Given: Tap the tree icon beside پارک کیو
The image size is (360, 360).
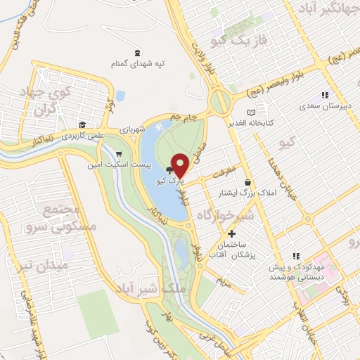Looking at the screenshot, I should click(x=169, y=170).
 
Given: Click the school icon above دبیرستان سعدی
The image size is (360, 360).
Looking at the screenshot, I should click(x=324, y=95).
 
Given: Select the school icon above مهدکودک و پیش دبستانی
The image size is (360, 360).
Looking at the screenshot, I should click(x=296, y=256).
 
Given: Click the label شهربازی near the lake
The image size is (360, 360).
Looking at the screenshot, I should click(x=131, y=130).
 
